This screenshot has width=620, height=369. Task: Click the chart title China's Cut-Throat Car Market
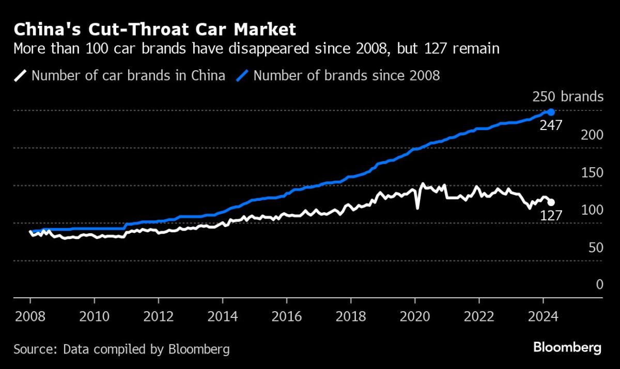(x=155, y=29)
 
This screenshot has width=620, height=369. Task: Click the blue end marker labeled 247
(x=551, y=112)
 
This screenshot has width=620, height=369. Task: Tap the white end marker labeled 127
(x=551, y=202)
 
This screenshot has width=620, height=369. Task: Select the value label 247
(x=551, y=125)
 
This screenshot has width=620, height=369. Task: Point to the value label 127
(x=551, y=215)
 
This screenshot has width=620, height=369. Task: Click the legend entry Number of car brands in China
(x=128, y=76)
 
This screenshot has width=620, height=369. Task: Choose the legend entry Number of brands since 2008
(x=347, y=76)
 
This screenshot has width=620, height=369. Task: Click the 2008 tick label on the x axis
(x=30, y=315)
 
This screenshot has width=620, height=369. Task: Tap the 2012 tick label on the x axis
(x=158, y=315)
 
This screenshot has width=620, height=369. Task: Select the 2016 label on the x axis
(x=287, y=315)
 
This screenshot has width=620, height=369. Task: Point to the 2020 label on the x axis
(x=415, y=315)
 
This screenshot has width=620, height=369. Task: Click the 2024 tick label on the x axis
(x=543, y=315)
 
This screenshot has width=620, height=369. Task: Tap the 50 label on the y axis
(x=595, y=248)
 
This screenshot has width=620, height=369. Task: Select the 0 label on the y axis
(x=599, y=285)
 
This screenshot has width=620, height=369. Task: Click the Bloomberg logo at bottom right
(x=568, y=348)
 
